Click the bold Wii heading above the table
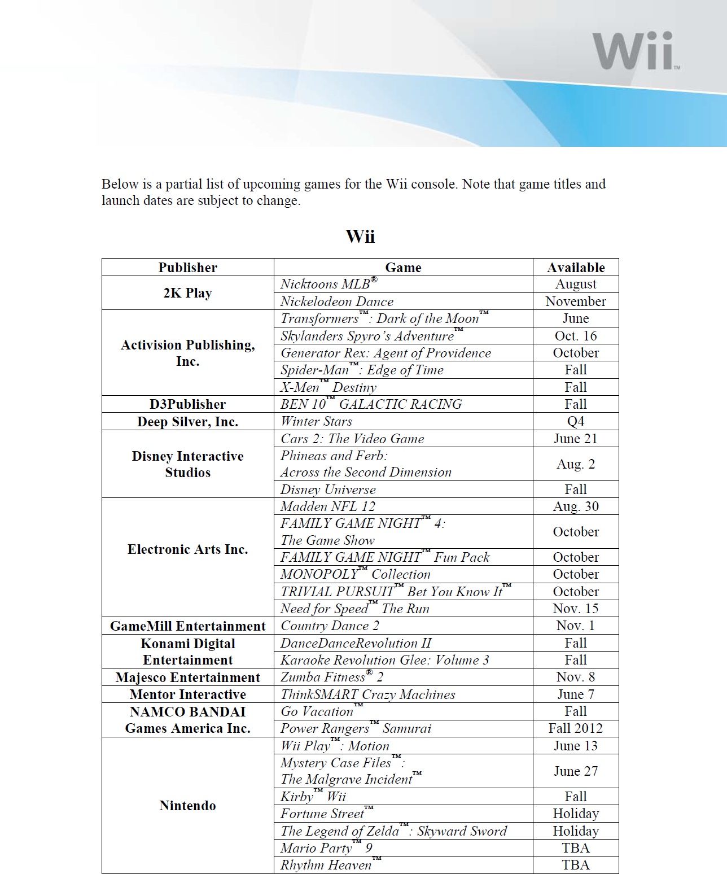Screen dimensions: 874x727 click(x=360, y=236)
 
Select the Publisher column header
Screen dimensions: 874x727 click(x=187, y=268)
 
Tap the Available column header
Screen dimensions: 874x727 click(x=575, y=268)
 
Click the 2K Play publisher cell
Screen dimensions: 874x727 click(x=187, y=293)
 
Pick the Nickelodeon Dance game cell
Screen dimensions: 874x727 click(x=337, y=301)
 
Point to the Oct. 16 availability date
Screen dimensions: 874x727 click(x=575, y=336)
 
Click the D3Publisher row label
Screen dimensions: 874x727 click(x=187, y=404)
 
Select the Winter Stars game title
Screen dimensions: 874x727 click(x=316, y=422)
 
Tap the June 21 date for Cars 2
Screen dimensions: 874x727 click(x=575, y=439)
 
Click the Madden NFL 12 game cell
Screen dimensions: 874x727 click(x=327, y=506)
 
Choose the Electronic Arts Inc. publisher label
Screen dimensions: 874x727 click(x=187, y=549)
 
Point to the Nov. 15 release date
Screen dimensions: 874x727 click(x=575, y=609)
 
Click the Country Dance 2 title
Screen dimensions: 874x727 click(x=330, y=626)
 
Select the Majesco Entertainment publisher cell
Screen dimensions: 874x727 click(x=187, y=678)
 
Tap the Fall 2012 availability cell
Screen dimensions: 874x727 click(x=575, y=728)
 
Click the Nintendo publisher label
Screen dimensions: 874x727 click(x=187, y=806)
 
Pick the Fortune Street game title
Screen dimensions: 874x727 click(x=323, y=814)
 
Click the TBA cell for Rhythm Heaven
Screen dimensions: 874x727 click(x=575, y=865)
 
